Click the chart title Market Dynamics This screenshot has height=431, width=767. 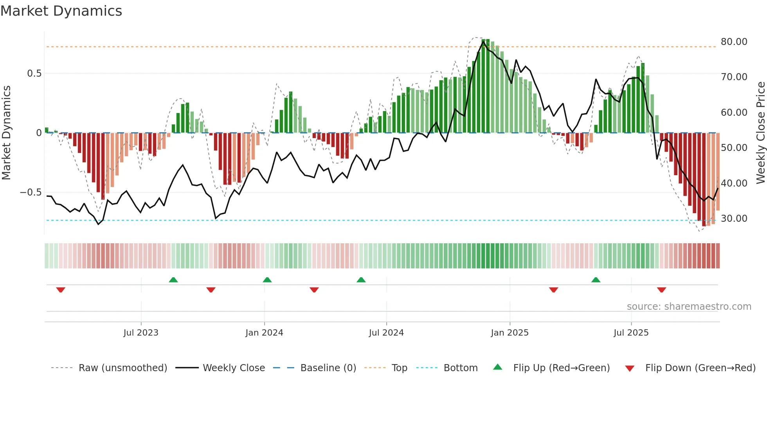click(61, 11)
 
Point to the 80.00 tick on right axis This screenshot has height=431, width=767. click(734, 42)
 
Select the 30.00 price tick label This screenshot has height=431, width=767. click(734, 219)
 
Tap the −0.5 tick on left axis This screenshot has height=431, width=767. click(31, 192)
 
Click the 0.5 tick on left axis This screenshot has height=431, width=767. click(34, 74)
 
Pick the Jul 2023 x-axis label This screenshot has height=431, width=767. click(141, 333)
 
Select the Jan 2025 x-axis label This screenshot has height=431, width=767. click(510, 333)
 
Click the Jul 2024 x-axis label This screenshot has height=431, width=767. click(386, 333)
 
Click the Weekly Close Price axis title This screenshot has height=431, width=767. click(760, 133)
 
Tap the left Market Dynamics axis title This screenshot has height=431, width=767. click(6, 133)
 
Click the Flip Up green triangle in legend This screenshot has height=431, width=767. click(497, 367)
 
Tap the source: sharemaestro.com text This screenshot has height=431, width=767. click(689, 307)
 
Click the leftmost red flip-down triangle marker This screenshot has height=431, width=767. click(61, 290)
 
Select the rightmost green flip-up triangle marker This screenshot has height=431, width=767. click(596, 280)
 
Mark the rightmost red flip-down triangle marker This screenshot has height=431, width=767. click(661, 290)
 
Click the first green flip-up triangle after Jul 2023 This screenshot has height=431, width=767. click(173, 280)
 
